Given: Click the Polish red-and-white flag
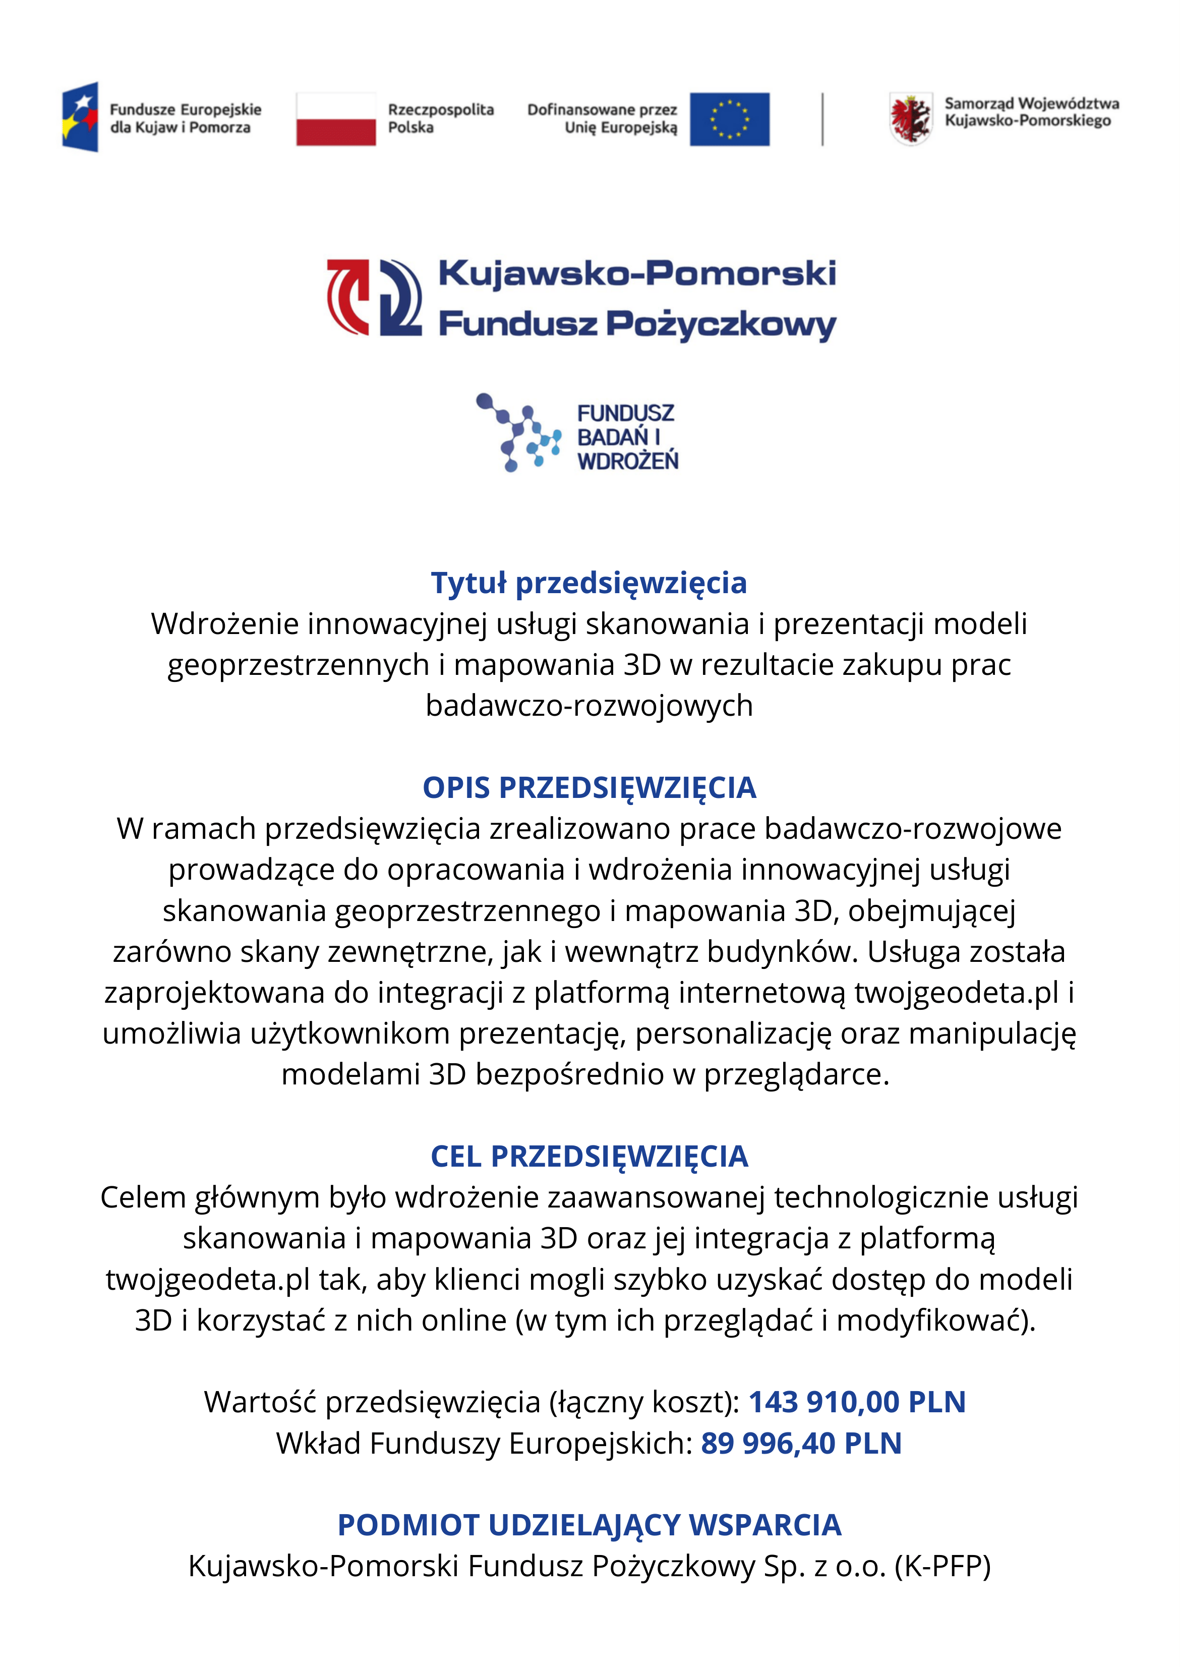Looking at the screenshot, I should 336,119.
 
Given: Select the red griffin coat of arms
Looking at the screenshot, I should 910,119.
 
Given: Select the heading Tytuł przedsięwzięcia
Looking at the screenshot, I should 589,583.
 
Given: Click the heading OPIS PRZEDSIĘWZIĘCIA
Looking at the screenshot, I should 589,788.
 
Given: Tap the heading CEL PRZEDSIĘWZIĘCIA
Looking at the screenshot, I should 589,1157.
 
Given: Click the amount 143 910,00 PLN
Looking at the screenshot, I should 857,1402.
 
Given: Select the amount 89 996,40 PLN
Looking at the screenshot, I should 801,1444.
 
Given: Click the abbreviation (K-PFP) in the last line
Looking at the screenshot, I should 942,1566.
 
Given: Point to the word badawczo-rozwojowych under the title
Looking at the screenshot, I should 589,706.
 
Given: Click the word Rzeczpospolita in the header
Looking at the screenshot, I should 440,110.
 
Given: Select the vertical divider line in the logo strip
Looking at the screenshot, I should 822,119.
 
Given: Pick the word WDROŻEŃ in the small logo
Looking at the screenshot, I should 628,461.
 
